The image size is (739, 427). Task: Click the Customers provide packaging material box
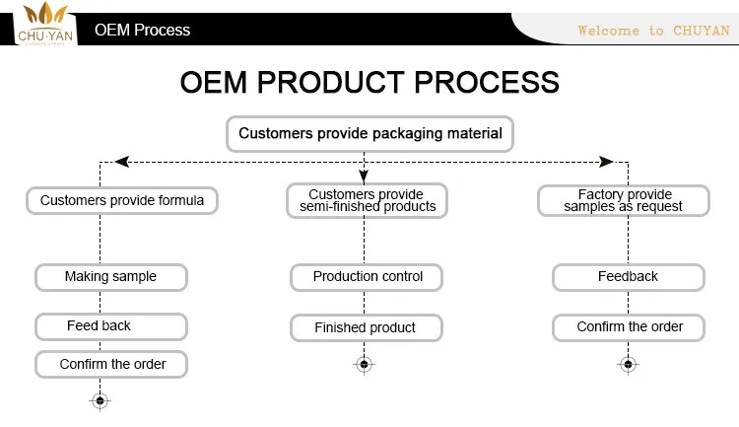click(369, 133)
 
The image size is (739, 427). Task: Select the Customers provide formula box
click(122, 200)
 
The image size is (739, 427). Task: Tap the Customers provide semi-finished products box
click(367, 200)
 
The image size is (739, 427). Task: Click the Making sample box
click(110, 277)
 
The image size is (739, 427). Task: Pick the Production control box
click(367, 277)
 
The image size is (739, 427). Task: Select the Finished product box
click(366, 327)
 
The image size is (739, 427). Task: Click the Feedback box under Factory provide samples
click(629, 277)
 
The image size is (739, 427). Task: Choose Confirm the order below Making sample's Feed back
click(112, 364)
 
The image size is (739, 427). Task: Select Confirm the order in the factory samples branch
click(629, 326)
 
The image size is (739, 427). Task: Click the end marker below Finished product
click(364, 365)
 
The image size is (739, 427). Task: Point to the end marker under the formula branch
click(100, 400)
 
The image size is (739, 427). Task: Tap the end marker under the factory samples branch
click(628, 365)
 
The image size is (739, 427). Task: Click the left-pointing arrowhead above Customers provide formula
click(120, 161)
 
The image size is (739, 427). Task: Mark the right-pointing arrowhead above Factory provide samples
click(607, 161)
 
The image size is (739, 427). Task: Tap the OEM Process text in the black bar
click(143, 30)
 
